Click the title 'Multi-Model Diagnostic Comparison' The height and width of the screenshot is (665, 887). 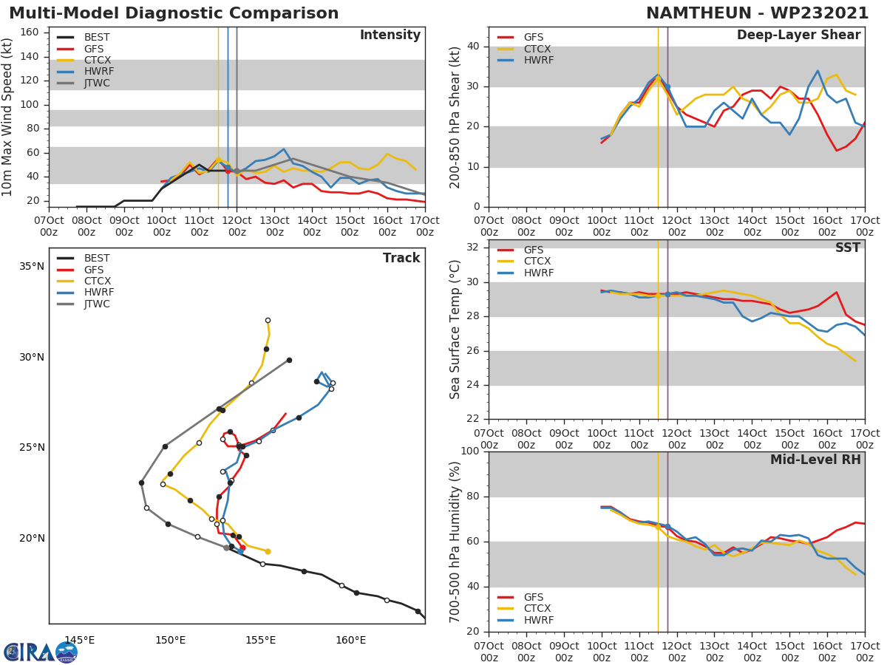click(174, 13)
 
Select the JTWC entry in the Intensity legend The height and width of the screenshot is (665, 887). click(97, 83)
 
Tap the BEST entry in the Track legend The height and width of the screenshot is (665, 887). click(97, 259)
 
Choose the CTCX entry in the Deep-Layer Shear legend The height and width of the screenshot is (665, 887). click(537, 49)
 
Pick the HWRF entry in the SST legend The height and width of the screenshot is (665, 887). click(538, 273)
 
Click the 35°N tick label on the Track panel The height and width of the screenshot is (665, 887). click(31, 266)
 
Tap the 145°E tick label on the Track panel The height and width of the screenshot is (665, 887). click(79, 640)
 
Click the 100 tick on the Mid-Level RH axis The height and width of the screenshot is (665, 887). click(470, 451)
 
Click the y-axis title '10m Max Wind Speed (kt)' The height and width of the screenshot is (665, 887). click(8, 117)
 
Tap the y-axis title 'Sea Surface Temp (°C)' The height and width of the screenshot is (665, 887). click(455, 330)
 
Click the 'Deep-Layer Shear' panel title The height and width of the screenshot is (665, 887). click(798, 35)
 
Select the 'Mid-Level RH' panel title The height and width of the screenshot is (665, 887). click(815, 460)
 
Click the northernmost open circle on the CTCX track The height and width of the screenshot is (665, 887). click(268, 321)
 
